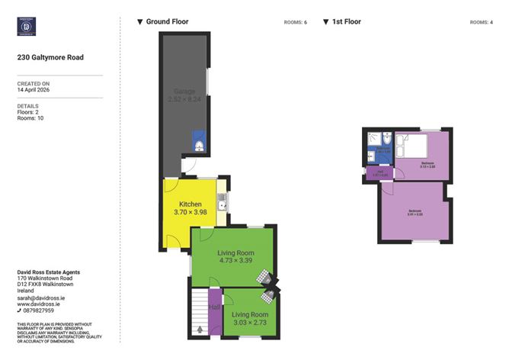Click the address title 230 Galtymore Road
pyautogui.click(x=50, y=57)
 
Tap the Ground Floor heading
pyautogui.click(x=167, y=22)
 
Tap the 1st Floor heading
pyautogui.click(x=347, y=22)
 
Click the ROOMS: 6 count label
pyautogui.click(x=294, y=22)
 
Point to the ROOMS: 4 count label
pyautogui.click(x=481, y=22)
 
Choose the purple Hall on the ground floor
pyautogui.click(x=216, y=309)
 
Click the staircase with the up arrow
pyautogui.click(x=200, y=313)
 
